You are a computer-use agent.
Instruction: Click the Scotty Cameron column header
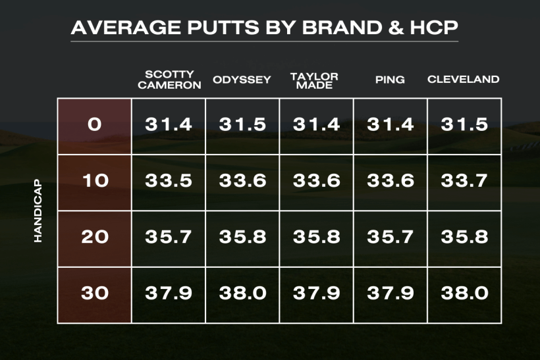tap(169, 80)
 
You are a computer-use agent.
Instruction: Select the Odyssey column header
tap(242, 80)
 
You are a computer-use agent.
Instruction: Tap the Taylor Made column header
tap(314, 80)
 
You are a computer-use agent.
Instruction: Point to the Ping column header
tap(390, 80)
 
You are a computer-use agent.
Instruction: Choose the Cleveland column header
tap(463, 80)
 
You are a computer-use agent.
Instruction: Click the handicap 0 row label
tap(95, 124)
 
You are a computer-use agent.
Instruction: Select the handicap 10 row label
tap(95, 181)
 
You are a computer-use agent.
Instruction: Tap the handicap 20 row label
tap(95, 237)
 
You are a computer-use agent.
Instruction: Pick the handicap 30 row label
tap(95, 294)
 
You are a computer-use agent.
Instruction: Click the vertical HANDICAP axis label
tap(38, 211)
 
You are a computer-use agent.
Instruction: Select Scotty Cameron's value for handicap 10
tap(169, 181)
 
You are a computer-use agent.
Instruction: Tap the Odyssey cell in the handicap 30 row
tap(242, 294)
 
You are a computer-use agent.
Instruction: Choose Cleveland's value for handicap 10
tap(464, 181)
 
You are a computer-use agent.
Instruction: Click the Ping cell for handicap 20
tap(391, 237)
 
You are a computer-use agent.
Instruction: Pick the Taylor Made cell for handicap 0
tap(316, 124)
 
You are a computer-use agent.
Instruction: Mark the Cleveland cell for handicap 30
tap(464, 294)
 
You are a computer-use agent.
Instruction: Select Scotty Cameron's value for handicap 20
tap(169, 237)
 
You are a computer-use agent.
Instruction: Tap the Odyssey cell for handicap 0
tap(242, 124)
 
